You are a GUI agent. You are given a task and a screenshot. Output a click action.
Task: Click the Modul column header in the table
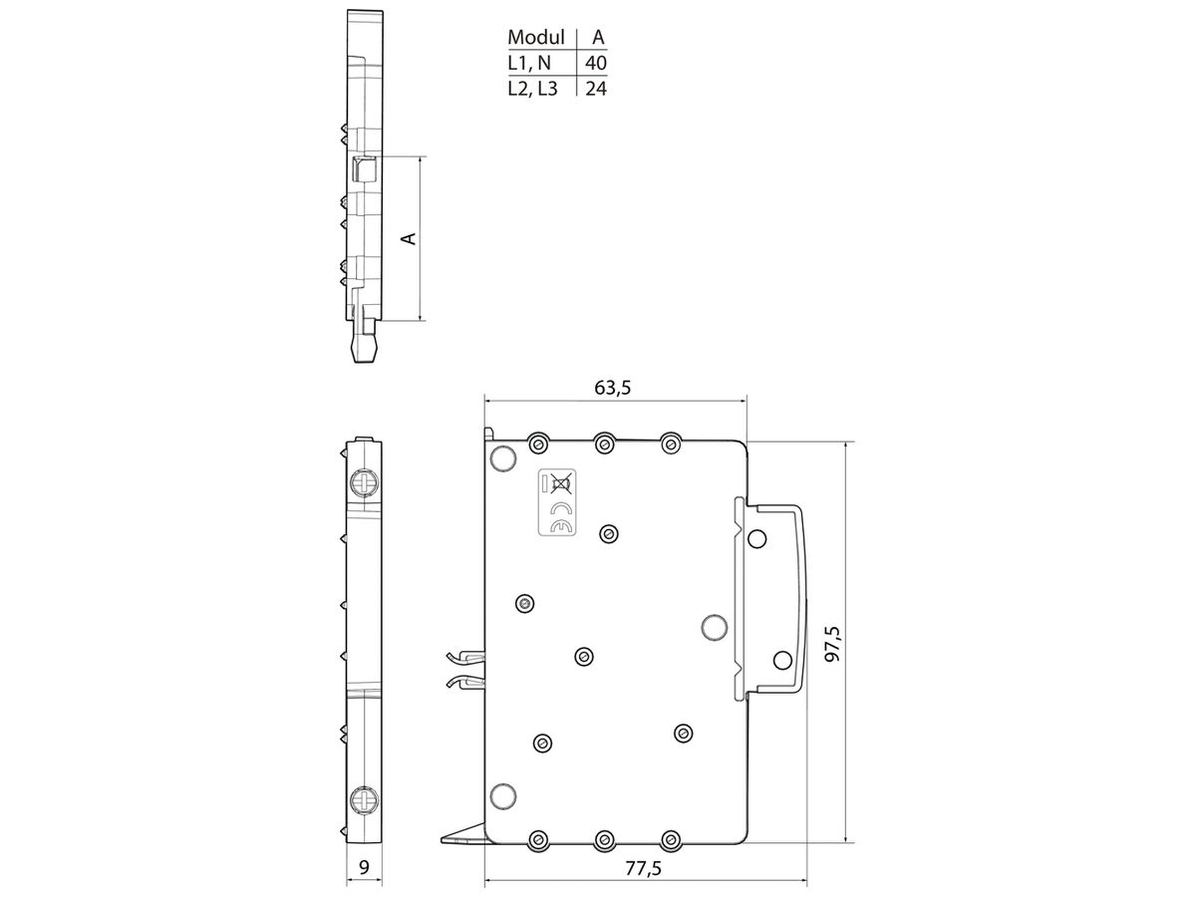536,38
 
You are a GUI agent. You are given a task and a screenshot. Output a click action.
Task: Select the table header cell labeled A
597,38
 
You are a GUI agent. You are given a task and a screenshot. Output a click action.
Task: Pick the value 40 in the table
596,64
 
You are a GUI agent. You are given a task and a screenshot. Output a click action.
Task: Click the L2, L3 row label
533,89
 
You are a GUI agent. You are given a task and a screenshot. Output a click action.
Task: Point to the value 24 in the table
596,89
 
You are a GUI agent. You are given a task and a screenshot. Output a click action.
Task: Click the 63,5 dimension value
613,388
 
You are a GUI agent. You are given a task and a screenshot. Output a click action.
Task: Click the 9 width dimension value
364,868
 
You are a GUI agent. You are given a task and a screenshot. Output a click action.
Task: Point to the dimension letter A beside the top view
408,238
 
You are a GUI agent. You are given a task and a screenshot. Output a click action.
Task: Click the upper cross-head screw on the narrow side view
364,484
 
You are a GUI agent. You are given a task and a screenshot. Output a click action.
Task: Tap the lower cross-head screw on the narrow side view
364,798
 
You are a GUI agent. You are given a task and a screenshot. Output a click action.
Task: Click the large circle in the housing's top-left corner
503,457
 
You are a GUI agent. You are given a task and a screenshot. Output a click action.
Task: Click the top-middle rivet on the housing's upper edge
604,443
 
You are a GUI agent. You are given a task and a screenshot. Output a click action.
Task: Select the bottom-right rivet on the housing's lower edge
671,840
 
